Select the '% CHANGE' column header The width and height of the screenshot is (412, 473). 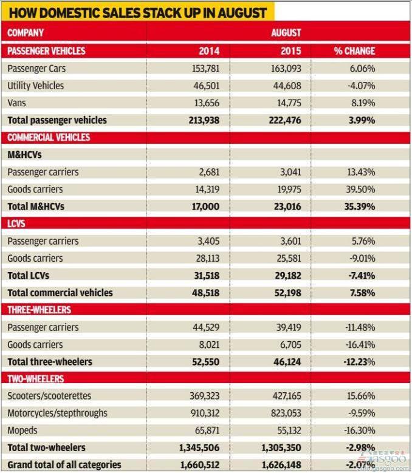(x=354, y=51)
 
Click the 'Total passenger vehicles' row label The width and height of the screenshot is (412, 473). (x=57, y=120)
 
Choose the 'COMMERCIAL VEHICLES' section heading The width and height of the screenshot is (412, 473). (x=49, y=137)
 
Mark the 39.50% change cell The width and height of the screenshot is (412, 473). (x=360, y=189)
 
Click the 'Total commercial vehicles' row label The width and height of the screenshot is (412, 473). (x=60, y=293)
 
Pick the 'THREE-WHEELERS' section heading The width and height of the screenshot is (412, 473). (x=39, y=310)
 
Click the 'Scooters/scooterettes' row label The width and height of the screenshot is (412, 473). (x=49, y=396)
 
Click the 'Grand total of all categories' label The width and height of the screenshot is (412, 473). (x=64, y=464)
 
